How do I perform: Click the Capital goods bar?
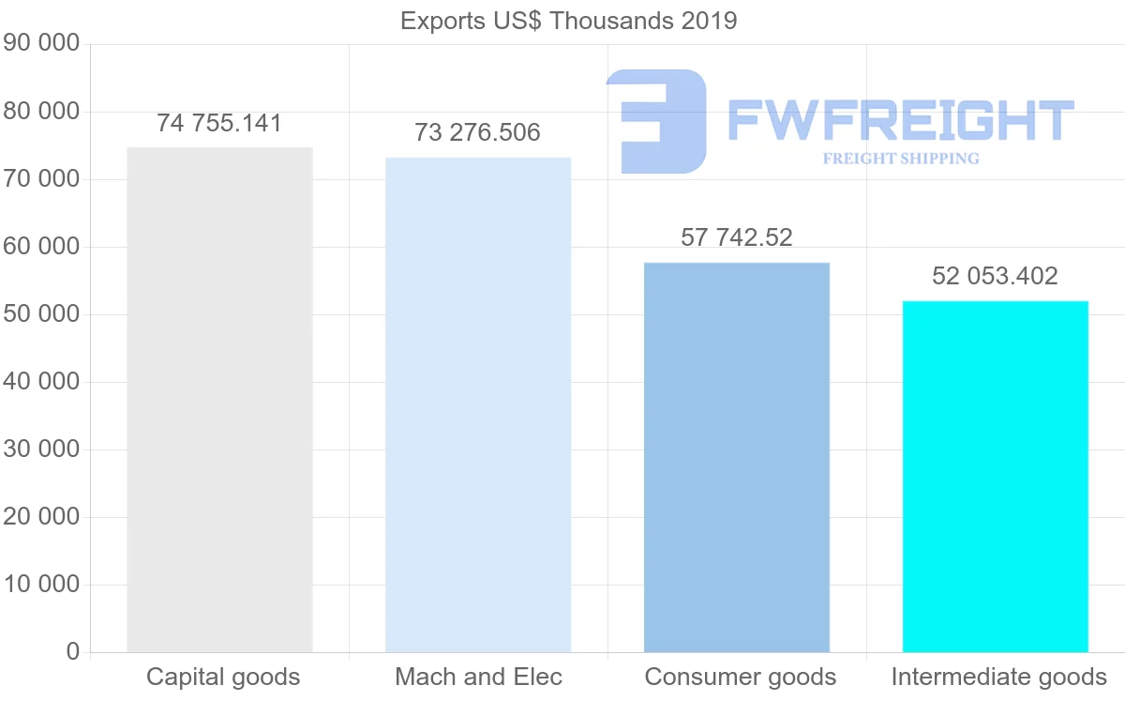tap(219, 400)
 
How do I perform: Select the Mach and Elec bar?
tap(478, 404)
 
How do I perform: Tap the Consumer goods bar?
tap(737, 457)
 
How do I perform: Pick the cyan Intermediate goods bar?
tap(996, 476)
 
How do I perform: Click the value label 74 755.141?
tap(219, 123)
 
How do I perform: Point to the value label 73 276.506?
tap(478, 132)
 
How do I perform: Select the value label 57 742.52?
tap(737, 237)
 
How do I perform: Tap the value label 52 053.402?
tap(996, 276)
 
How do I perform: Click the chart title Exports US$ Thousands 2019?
tap(569, 21)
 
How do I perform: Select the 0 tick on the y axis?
tap(73, 652)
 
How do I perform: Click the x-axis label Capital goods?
tap(223, 677)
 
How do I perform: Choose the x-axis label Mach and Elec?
tap(479, 677)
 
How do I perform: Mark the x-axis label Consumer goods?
tap(741, 677)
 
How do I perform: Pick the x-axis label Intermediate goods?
tap(999, 677)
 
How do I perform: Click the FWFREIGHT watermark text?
tap(901, 121)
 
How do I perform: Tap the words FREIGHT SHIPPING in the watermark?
tap(901, 159)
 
